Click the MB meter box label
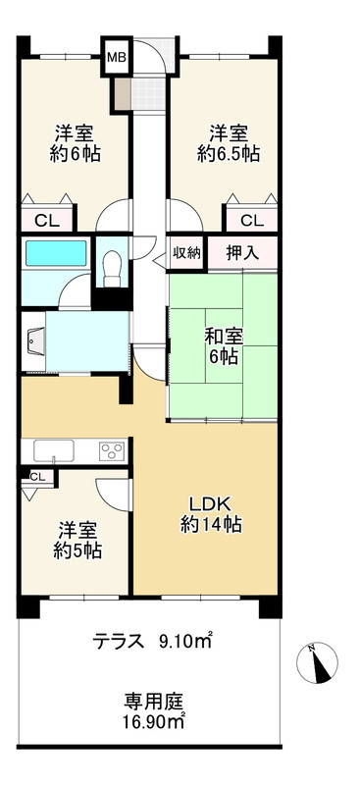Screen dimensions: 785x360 click(x=116, y=57)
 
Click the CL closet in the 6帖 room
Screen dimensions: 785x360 click(x=44, y=221)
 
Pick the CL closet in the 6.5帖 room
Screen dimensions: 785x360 click(x=250, y=221)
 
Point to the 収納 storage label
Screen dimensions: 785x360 click(x=186, y=252)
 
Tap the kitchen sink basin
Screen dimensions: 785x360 click(x=53, y=451)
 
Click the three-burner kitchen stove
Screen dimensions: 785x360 click(x=111, y=451)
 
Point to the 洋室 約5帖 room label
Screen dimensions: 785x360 click(x=77, y=539)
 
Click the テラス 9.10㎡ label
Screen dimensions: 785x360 click(x=152, y=643)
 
